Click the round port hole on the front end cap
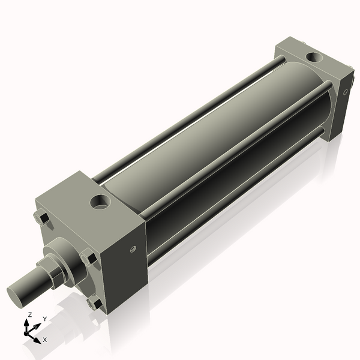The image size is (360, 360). pos(100,202)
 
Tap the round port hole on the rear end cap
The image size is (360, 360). pos(314,58)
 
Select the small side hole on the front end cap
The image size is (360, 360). pos(133,249)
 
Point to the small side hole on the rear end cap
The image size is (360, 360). pos(346,92)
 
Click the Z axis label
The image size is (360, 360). pos(29,314)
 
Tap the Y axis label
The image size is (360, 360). pos(45,319)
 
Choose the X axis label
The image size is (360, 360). pos(44,340)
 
